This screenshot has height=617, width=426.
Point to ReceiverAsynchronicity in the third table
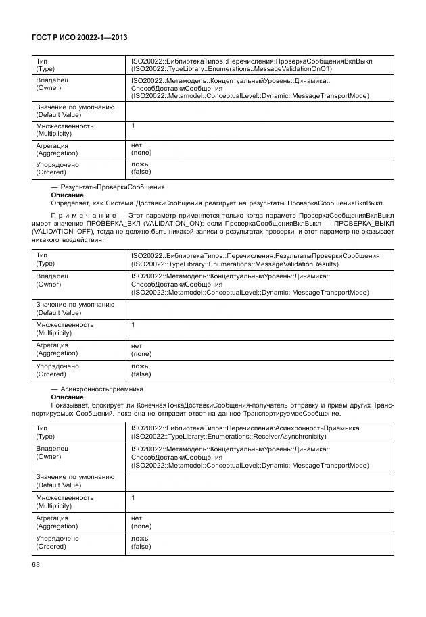click(288, 437)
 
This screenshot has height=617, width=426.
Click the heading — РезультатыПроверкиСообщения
click(108, 186)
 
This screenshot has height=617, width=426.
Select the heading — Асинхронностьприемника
click(97, 389)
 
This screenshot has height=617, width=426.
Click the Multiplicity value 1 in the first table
click(133, 126)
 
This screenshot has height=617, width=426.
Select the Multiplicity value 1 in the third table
click(133, 498)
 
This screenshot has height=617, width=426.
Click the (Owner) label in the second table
click(48, 285)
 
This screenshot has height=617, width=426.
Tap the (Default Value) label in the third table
click(58, 485)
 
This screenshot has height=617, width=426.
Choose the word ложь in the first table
click(140, 164)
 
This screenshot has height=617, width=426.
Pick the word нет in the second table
click(137, 345)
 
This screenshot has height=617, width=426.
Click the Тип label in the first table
click(41, 61)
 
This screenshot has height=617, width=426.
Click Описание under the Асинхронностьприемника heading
click(67, 397)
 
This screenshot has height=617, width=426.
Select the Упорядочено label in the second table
click(57, 366)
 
